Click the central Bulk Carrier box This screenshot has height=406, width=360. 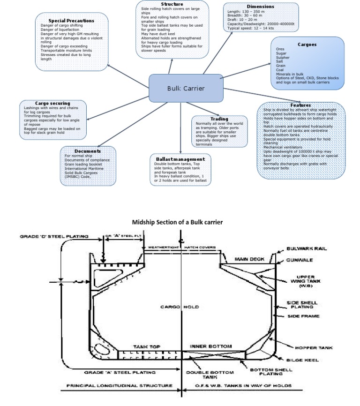click(x=186, y=88)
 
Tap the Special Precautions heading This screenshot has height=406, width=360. click(x=71, y=21)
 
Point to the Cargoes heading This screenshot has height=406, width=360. click(x=307, y=45)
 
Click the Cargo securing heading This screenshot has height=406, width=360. click(x=52, y=103)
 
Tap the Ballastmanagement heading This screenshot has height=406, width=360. click(x=180, y=159)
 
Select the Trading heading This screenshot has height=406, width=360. click(x=219, y=119)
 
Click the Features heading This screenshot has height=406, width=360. click(x=300, y=105)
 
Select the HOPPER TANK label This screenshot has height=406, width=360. click(x=313, y=348)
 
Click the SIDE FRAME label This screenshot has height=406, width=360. click(x=303, y=316)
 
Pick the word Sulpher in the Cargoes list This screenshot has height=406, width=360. click(x=284, y=58)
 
